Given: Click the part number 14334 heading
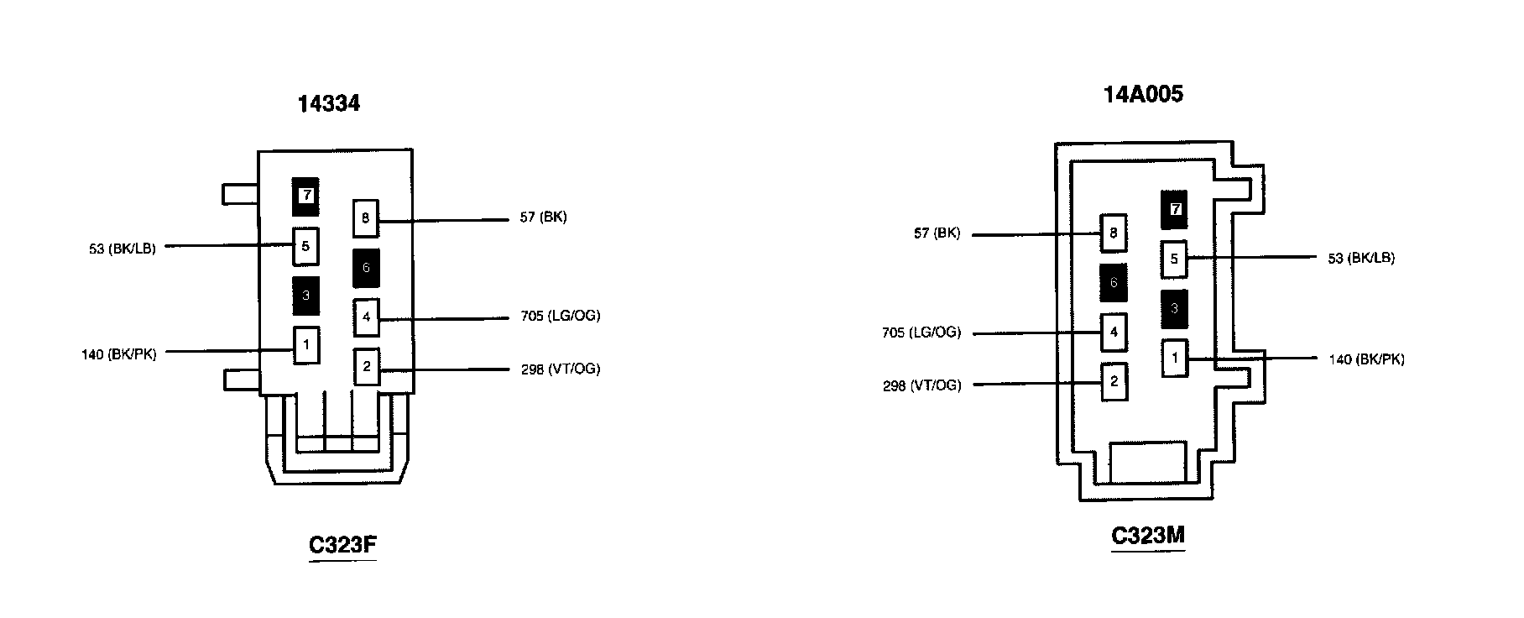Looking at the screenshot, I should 328,103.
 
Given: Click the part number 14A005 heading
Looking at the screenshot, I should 1143,94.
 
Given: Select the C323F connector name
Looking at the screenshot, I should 342,545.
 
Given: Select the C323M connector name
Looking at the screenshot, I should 1147,535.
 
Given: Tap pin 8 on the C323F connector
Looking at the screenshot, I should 366,219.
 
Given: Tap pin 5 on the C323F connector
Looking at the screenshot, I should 305,246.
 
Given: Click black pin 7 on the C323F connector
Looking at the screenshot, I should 306,196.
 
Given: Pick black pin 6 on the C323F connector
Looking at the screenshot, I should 366,269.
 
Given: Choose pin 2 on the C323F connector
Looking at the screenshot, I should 367,367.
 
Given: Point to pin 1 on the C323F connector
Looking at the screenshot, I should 306,344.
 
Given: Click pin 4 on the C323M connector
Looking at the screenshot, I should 1114,332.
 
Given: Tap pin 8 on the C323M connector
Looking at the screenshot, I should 1114,233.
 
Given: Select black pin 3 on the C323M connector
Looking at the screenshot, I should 1174,308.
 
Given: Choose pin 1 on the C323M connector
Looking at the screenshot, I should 1175,359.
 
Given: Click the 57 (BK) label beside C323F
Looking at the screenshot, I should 543,217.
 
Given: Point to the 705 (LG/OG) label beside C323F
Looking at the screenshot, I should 560,317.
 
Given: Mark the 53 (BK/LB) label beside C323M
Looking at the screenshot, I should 1361,258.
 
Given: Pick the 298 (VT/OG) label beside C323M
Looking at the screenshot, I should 921,385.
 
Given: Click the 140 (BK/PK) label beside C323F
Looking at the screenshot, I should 118,354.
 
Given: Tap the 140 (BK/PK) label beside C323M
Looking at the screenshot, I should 1366,359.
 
